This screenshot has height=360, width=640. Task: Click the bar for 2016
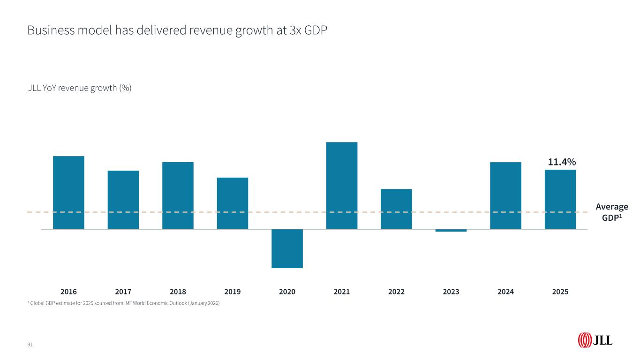68,192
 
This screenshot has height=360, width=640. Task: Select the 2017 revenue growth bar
123,200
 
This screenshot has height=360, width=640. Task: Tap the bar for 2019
233,203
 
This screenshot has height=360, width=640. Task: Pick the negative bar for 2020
287,248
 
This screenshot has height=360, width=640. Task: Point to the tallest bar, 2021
342,185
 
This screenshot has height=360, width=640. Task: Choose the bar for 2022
396,209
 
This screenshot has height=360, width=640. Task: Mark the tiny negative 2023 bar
451,230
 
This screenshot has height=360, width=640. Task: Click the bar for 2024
505,195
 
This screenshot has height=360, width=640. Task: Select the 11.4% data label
562,162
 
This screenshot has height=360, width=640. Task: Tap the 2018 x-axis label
178,292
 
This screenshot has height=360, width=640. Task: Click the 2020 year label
287,292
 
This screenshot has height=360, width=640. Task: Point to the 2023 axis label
451,292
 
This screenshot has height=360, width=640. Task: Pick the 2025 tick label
560,292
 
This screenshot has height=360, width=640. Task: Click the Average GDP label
611,212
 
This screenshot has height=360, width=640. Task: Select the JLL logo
595,340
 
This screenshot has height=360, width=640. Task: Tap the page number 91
30,345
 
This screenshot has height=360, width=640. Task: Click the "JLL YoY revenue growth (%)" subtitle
80,88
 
